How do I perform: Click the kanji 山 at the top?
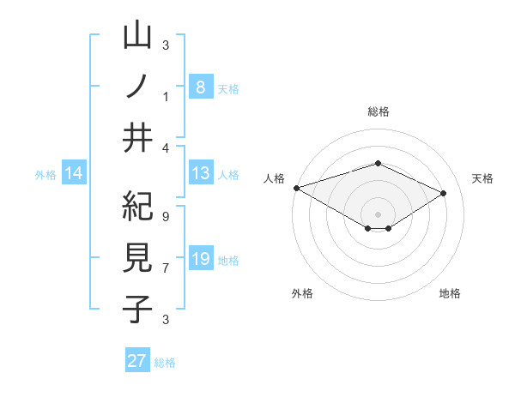[138, 38]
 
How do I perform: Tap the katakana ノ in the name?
[138, 87]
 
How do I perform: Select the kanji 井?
[138, 138]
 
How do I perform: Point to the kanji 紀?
[138, 208]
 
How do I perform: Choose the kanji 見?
[138, 258]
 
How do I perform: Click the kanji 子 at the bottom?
[138, 309]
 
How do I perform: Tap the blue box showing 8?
[200, 87]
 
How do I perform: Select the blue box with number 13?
[200, 174]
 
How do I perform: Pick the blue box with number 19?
[200, 260]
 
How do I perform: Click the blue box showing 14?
[74, 174]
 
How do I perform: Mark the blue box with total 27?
[137, 361]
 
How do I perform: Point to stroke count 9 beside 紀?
[165, 216]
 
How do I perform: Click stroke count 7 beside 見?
[165, 268]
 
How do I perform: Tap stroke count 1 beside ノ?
[165, 96]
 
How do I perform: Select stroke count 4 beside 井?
[165, 147]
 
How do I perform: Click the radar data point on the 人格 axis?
[296, 188]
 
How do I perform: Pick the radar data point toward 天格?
[443, 194]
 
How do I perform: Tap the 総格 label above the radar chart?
[378, 111]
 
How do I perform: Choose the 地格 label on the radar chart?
[450, 293]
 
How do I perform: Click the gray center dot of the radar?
[378, 213]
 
